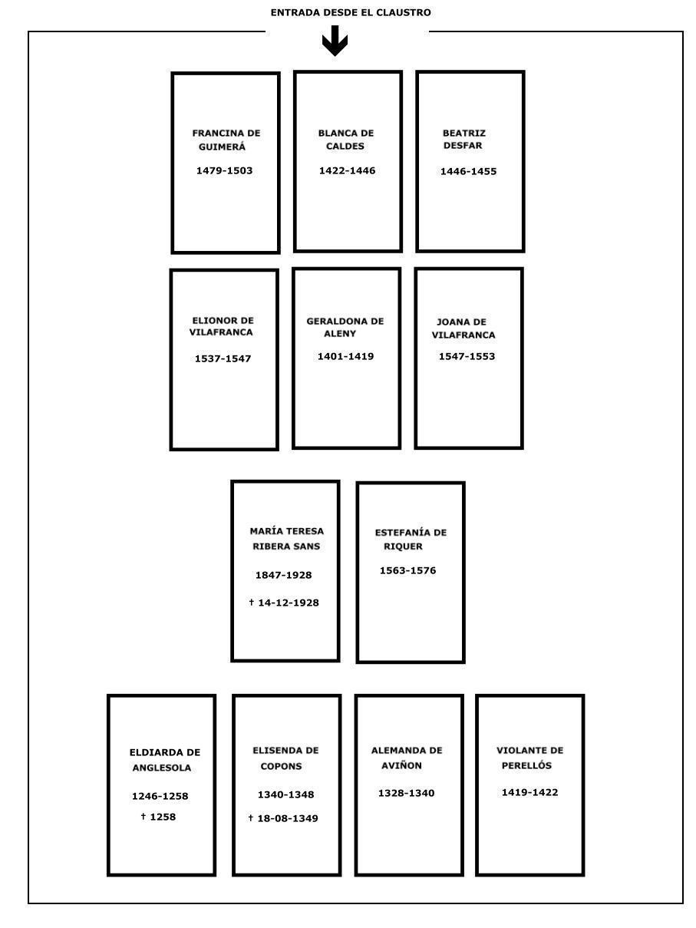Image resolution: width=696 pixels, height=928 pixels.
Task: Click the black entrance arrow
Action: [x=335, y=41]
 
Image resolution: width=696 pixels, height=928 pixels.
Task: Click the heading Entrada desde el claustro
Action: [x=351, y=13]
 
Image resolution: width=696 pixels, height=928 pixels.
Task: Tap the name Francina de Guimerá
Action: [x=226, y=140]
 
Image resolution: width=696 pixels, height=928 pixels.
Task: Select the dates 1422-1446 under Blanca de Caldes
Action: [x=347, y=171]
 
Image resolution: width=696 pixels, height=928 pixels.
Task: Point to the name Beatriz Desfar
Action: [x=463, y=139]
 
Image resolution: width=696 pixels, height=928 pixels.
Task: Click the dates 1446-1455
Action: [x=468, y=171]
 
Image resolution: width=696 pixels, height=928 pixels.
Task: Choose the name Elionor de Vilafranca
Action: [x=222, y=326]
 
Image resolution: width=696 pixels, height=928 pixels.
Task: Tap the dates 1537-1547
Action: [x=223, y=358]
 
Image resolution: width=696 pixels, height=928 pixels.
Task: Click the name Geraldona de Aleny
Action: [x=345, y=327]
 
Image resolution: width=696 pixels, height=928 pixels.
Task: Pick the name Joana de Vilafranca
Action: [x=463, y=329]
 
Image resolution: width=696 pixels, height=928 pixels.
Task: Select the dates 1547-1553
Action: [x=467, y=356]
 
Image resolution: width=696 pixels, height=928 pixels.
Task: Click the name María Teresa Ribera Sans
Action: [x=286, y=539]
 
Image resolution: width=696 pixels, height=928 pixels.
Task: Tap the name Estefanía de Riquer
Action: [x=411, y=540]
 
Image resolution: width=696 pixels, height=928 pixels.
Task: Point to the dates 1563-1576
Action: [x=407, y=570]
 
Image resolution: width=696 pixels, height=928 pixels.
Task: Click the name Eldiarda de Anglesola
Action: [x=164, y=760]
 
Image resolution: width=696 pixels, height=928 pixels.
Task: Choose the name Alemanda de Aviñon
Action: [x=407, y=758]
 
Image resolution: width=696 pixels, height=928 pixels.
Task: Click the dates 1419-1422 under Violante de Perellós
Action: [x=529, y=792]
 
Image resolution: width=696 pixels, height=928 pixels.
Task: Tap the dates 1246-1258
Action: [x=160, y=796]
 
